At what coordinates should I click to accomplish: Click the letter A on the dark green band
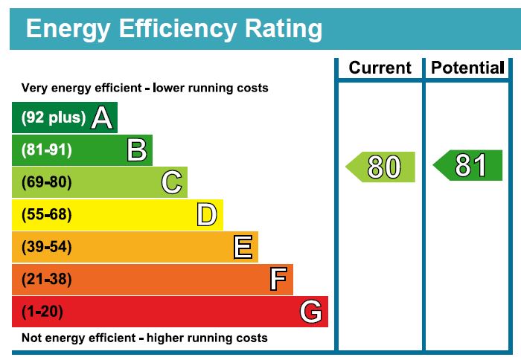(x=102, y=118)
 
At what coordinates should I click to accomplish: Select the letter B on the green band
(x=137, y=150)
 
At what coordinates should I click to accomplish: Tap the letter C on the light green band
(x=172, y=182)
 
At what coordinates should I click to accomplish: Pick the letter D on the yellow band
(x=207, y=215)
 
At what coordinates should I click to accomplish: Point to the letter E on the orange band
(x=243, y=247)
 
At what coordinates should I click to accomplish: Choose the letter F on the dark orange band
(x=278, y=280)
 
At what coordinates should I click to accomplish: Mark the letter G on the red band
(x=311, y=312)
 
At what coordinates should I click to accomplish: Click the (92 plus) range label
(x=54, y=118)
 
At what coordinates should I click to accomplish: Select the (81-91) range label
(x=47, y=150)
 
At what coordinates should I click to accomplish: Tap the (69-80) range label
(x=47, y=182)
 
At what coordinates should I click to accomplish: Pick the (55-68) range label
(x=47, y=215)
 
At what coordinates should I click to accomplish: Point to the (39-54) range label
(x=47, y=247)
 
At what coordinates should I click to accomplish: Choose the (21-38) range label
(x=47, y=280)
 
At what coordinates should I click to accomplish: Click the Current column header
(x=380, y=68)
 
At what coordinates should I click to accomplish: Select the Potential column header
(x=467, y=68)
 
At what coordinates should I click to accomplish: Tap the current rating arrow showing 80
(x=381, y=167)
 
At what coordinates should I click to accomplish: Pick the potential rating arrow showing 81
(x=468, y=165)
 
